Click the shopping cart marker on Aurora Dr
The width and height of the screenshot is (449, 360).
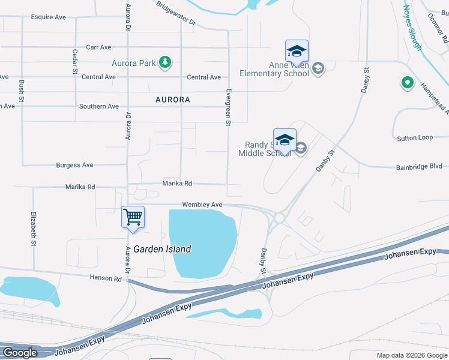(133, 217)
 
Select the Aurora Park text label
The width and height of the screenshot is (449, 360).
(134, 62)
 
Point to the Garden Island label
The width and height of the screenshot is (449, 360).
(162, 249)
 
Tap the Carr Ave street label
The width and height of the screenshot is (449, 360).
(98, 47)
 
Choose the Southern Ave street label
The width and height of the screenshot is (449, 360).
(99, 106)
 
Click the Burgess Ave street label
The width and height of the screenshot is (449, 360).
(74, 165)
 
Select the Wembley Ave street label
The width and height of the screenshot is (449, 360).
(202, 205)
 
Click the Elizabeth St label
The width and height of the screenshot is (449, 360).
(32, 228)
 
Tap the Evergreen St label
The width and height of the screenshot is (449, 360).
(228, 107)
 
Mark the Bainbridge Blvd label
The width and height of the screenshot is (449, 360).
(419, 167)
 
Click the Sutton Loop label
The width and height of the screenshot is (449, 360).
(415, 138)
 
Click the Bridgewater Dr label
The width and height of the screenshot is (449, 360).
(176, 13)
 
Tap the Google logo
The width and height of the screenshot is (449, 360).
(20, 353)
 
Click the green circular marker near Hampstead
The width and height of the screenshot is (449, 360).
(407, 83)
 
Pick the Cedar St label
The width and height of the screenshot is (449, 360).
(76, 62)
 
